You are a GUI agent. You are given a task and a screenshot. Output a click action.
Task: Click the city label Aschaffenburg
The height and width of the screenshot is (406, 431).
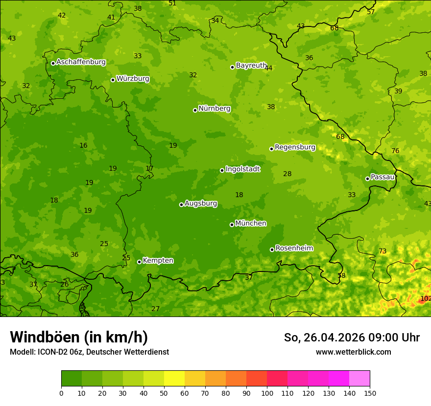point(81,62)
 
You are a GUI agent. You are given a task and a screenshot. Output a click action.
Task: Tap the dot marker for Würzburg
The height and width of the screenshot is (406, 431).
point(113,80)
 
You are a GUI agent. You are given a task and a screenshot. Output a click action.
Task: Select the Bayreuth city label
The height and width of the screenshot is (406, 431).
point(251,66)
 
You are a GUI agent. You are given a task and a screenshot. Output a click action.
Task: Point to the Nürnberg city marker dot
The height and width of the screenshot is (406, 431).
point(195,110)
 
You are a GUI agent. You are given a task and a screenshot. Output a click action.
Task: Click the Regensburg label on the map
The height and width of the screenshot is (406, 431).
point(295,147)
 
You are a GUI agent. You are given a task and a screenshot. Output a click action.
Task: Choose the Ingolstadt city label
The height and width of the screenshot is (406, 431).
point(242,169)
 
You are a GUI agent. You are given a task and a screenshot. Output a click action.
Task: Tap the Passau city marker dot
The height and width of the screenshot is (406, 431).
point(367,179)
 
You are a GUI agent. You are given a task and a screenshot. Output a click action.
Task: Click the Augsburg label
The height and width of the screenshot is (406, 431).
point(201,203)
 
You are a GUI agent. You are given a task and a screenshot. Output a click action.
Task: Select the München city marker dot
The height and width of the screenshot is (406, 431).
point(232,225)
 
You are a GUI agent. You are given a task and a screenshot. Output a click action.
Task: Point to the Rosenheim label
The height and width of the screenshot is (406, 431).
point(294,248)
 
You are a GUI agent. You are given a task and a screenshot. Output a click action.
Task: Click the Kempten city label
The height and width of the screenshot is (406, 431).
point(158,261)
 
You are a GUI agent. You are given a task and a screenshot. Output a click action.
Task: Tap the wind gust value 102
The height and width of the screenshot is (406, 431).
point(426,298)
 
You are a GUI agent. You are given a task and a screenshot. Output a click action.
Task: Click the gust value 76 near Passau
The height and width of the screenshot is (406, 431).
point(395,151)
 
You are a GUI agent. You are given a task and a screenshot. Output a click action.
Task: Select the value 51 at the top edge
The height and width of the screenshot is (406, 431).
point(172,3)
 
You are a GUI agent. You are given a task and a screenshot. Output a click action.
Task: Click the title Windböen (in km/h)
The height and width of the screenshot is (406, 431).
point(78,337)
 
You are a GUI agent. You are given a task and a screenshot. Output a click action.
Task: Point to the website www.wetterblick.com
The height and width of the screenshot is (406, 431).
point(353,352)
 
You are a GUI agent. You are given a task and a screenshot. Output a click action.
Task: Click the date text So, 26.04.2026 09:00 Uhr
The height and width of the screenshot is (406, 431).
point(352,338)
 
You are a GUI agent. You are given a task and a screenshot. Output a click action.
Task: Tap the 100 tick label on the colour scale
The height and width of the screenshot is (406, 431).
point(267,393)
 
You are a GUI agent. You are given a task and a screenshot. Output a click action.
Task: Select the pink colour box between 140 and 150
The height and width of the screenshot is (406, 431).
point(359,378)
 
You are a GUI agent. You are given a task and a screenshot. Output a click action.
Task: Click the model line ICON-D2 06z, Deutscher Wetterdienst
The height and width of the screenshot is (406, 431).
point(89,352)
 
